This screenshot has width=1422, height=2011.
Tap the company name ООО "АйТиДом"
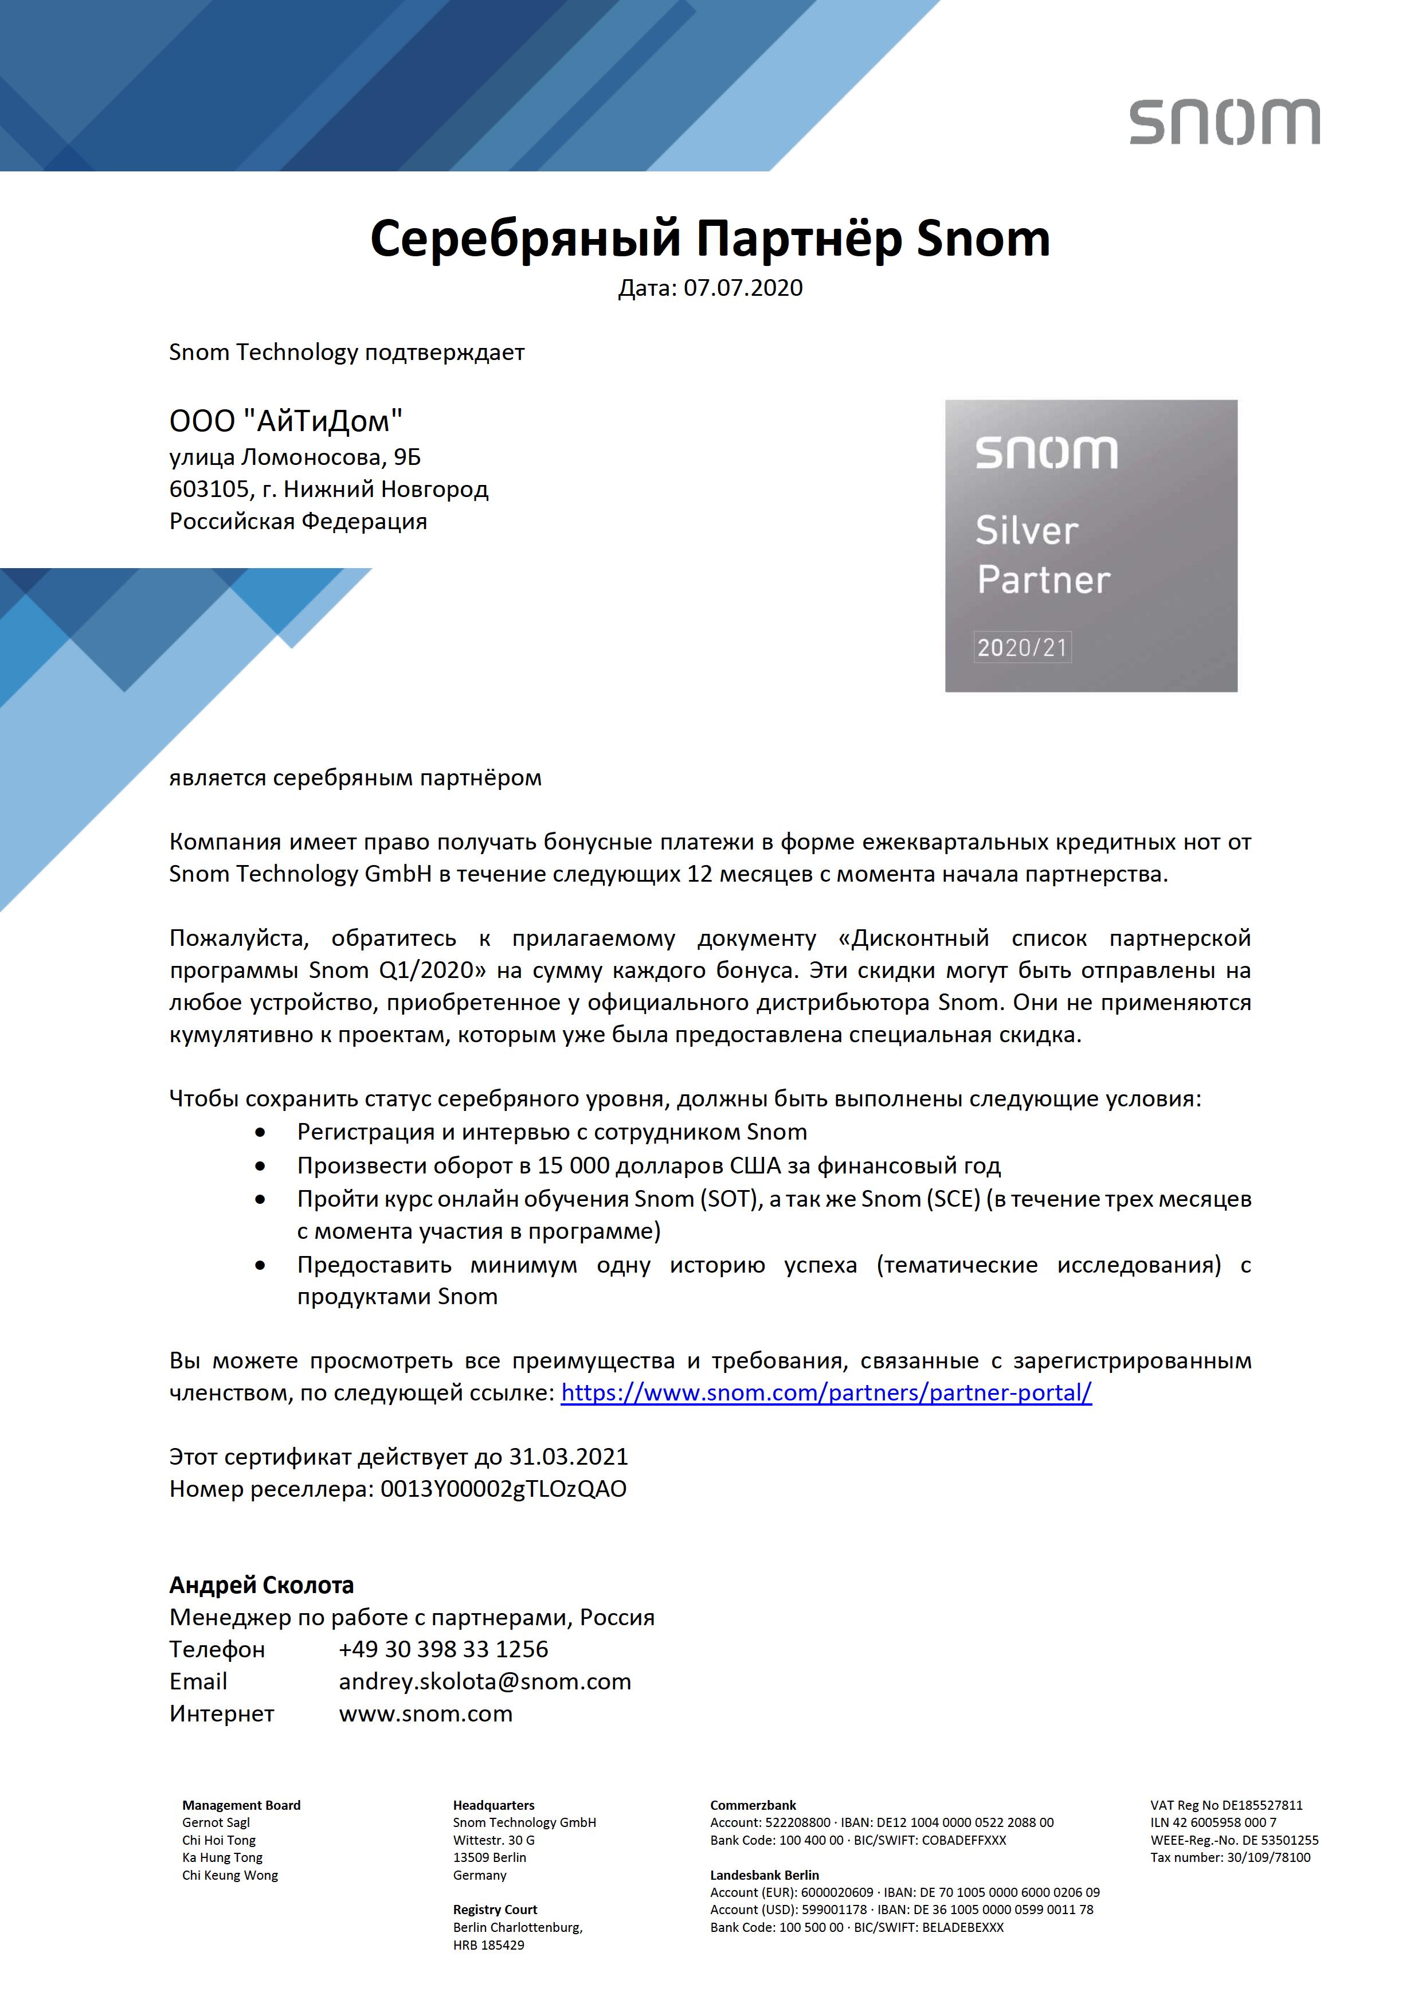(285, 421)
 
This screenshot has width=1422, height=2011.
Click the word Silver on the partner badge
(1026, 531)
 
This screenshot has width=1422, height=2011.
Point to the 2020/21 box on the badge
(1022, 647)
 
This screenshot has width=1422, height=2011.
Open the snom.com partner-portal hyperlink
(826, 1392)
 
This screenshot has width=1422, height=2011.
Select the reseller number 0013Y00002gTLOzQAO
(503, 1489)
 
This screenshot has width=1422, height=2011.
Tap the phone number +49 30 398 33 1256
(443, 1649)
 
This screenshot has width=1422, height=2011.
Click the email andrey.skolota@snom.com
(484, 1682)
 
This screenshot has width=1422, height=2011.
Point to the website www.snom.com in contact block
(425, 1713)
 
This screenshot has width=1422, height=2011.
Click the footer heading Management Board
(241, 1805)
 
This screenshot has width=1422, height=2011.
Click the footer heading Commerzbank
(753, 1805)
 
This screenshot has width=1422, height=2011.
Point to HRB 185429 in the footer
(488, 1945)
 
